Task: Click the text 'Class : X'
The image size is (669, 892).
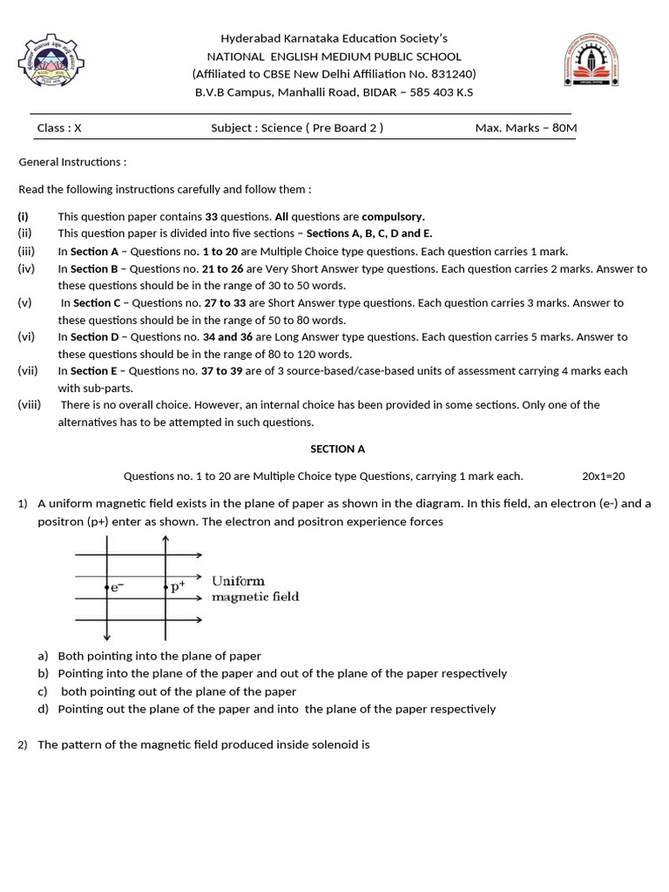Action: click(x=59, y=128)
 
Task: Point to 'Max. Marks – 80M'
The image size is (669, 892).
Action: click(x=525, y=128)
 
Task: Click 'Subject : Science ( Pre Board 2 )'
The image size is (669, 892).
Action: click(x=297, y=128)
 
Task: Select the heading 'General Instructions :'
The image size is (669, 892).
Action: click(x=72, y=162)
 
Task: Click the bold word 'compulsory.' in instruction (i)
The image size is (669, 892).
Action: click(x=393, y=217)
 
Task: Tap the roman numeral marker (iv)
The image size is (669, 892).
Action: click(x=26, y=269)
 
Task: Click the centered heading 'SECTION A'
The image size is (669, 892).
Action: click(x=338, y=449)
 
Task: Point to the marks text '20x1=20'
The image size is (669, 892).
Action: click(x=603, y=476)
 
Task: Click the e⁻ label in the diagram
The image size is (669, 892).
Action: click(x=116, y=588)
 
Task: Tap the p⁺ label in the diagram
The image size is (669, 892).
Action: click(x=178, y=588)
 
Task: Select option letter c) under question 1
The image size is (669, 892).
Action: click(x=43, y=692)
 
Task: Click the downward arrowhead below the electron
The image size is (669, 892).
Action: click(x=106, y=638)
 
